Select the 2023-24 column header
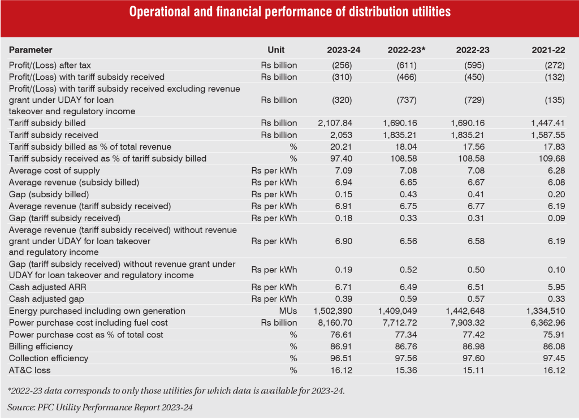343,50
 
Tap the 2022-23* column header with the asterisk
406,50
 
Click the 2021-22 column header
548,50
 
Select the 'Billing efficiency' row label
41,346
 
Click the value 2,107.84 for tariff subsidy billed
340,123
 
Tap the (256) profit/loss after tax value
349,65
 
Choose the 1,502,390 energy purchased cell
337,311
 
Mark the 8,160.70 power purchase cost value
340,323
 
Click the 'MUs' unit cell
287,311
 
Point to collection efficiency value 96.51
349,358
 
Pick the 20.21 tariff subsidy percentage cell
349,147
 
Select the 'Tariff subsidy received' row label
53,135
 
